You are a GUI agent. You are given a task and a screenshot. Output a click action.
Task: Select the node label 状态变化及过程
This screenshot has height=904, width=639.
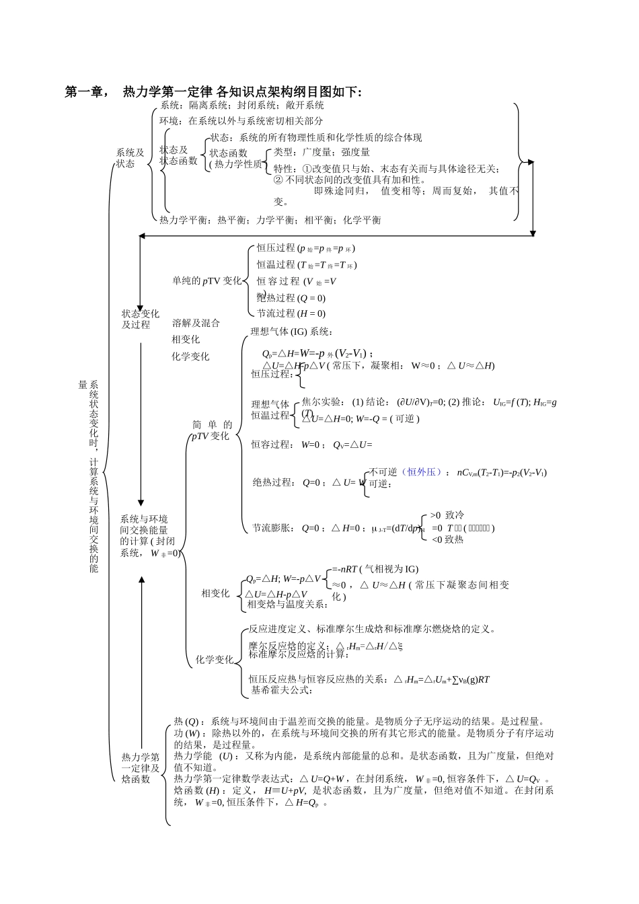point(141,319)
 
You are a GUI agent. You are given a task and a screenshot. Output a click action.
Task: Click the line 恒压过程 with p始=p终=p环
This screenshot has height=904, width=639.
point(306,248)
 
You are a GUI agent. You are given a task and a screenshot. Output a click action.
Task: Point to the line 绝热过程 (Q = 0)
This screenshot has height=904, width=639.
point(291,298)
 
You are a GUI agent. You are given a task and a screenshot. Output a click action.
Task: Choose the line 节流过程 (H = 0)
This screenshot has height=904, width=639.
point(291,313)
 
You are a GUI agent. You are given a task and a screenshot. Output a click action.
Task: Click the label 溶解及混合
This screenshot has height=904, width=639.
point(196,323)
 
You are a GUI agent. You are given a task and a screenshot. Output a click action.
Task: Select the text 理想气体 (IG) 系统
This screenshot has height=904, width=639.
point(292,331)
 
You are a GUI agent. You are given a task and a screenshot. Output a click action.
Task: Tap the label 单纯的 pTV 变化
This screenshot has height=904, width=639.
point(206,281)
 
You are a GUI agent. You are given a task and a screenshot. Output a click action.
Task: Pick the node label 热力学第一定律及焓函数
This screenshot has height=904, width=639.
point(141,768)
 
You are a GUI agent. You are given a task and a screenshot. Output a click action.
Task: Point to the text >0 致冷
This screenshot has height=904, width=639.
point(447,515)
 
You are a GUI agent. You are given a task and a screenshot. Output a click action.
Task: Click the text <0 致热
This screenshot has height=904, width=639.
point(447,539)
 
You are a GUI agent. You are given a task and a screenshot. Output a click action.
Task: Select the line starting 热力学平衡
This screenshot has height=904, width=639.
point(270,220)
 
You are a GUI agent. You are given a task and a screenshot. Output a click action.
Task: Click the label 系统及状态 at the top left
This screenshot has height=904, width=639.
point(130,158)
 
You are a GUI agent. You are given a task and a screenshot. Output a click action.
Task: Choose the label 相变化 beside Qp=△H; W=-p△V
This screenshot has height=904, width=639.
point(215,593)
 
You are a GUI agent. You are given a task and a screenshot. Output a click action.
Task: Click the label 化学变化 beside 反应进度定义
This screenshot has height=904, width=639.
point(215,660)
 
